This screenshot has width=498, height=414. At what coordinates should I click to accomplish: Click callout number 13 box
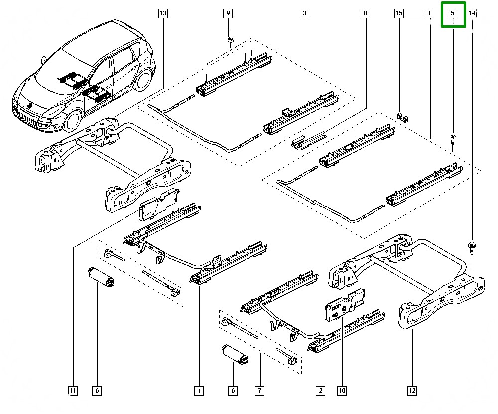pyautogui.click(x=163, y=14)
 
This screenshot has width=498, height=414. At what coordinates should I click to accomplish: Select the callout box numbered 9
pyautogui.click(x=228, y=14)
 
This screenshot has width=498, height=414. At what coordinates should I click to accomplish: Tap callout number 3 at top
pyautogui.click(x=304, y=14)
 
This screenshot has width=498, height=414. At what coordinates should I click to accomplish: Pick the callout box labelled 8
pyautogui.click(x=366, y=14)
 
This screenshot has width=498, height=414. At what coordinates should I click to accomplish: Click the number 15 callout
pyautogui.click(x=399, y=14)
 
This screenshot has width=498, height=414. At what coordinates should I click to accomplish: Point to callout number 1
pyautogui.click(x=428, y=14)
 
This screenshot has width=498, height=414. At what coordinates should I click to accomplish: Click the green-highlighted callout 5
pyautogui.click(x=453, y=14)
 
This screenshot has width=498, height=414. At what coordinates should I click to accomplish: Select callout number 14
pyautogui.click(x=472, y=14)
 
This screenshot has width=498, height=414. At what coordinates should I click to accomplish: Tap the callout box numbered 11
pyautogui.click(x=73, y=391)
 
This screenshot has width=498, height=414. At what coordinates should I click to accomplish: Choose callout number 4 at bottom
pyautogui.click(x=199, y=391)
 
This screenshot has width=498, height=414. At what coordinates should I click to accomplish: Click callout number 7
pyautogui.click(x=259, y=391)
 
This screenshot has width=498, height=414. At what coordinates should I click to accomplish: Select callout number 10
pyautogui.click(x=341, y=391)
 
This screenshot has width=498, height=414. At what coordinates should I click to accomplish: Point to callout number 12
pyautogui.click(x=412, y=391)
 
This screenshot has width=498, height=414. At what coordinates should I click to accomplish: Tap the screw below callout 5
pyautogui.click(x=452, y=137)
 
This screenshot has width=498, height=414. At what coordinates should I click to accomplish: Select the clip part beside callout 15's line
pyautogui.click(x=403, y=118)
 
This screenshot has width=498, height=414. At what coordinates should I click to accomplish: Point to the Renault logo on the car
pyautogui.click(x=29, y=105)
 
